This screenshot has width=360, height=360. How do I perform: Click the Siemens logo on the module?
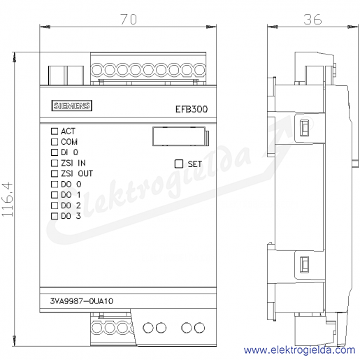coord(71,106)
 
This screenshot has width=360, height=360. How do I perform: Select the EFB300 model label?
coord(192,109)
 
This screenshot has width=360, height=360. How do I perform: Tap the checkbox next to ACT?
coord(55,131)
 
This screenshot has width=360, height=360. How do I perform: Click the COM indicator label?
coord(69,142)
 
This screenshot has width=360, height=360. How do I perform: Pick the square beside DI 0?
coord(55,152)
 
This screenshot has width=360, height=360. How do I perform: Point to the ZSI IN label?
coord(73,163)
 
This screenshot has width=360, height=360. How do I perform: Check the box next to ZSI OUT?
coord(55,173)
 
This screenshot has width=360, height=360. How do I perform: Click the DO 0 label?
coord(71,185)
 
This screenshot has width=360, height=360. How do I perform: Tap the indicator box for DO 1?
coord(55,195)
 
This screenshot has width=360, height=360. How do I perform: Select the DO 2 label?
coord(71,206)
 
